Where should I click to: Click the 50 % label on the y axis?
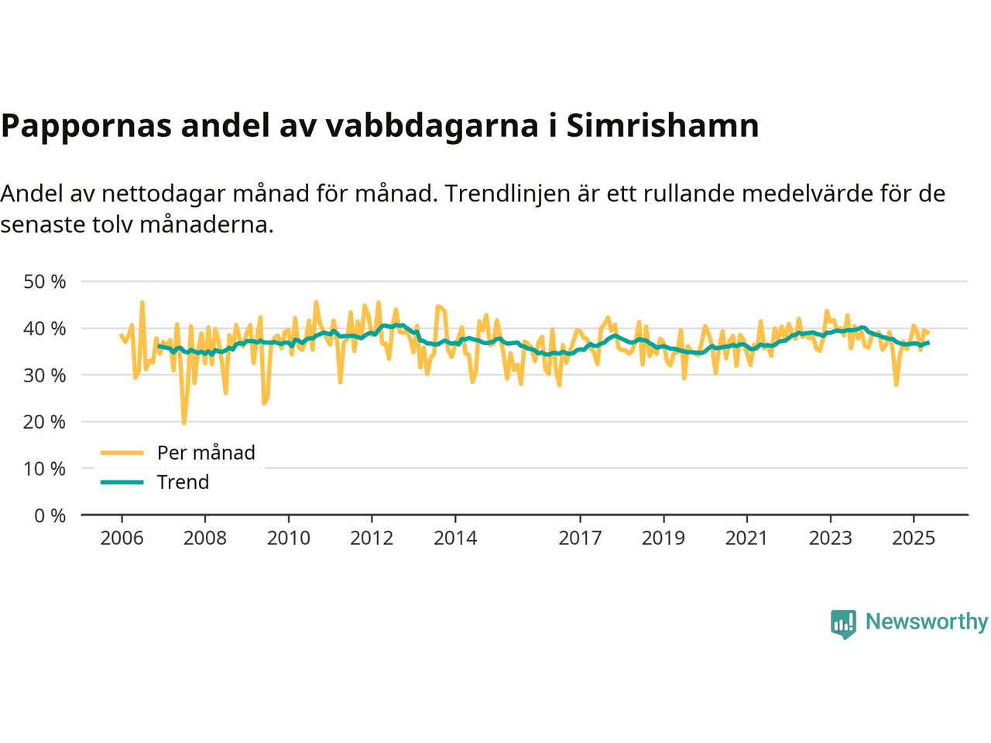tap(45, 282)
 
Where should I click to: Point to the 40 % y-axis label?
tap(45, 328)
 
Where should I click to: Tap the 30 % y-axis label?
tap(45, 375)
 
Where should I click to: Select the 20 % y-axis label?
tap(45, 422)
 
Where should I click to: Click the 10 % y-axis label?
tap(45, 469)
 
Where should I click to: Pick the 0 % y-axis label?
tap(50, 515)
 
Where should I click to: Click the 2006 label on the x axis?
tap(122, 538)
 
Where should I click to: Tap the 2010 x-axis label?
tap(288, 538)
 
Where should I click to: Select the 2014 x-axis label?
tap(455, 538)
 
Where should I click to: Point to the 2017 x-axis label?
tap(580, 538)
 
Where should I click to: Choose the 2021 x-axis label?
tap(746, 538)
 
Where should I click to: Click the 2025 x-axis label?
tap(914, 538)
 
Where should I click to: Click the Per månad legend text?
tap(206, 453)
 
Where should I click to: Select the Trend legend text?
tap(183, 482)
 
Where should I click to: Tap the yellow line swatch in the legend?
tap(122, 453)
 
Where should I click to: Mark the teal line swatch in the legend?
tap(122, 482)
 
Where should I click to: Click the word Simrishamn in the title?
tap(663, 125)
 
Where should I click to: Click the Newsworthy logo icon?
tap(843, 623)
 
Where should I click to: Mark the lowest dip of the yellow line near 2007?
tap(183, 423)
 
